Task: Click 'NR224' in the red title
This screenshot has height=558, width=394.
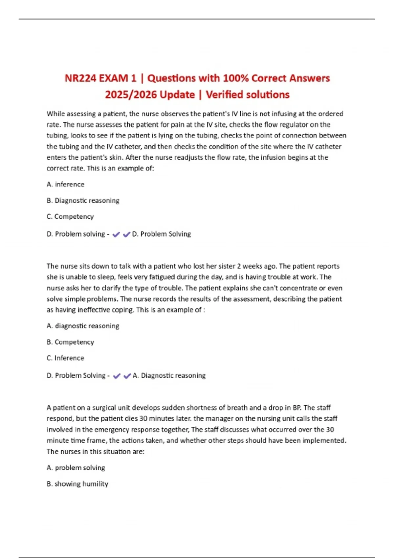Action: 80,78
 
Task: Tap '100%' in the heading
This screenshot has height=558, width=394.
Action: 235,78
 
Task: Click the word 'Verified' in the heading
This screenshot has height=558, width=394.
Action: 224,95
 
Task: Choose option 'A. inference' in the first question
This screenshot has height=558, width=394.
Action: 65,184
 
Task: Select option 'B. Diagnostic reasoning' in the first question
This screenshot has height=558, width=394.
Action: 83,201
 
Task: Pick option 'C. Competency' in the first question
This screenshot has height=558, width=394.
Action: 70,217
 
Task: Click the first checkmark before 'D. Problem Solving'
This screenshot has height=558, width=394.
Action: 116,235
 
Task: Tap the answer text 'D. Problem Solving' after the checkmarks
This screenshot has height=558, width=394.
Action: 161,234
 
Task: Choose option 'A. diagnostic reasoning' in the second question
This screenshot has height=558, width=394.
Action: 83,326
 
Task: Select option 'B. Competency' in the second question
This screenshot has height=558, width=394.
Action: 70,342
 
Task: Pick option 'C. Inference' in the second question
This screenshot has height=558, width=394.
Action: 65,358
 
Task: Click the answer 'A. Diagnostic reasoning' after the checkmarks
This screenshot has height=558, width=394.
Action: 169,376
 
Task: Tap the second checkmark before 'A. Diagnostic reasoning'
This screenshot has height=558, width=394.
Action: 127,376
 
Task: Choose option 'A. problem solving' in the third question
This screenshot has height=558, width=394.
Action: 76,468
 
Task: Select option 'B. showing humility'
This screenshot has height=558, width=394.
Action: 77,484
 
